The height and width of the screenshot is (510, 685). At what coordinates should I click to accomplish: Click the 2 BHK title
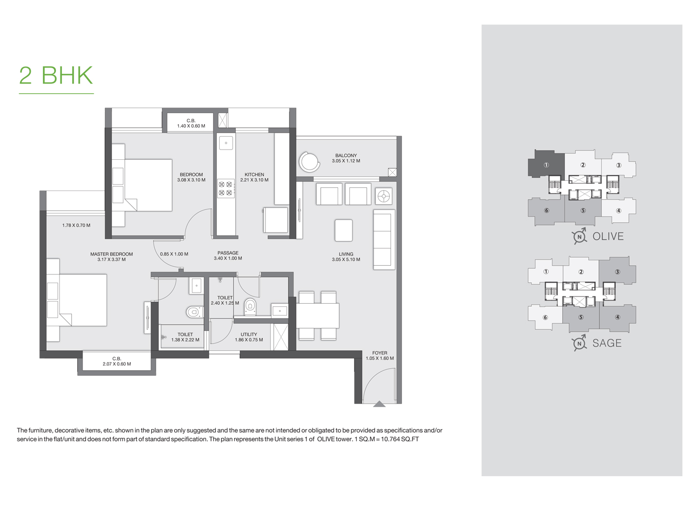56,75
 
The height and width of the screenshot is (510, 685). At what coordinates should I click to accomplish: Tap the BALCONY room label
346,155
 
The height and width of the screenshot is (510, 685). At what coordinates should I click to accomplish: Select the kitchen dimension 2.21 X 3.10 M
254,180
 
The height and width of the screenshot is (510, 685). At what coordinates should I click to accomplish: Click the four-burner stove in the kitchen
225,188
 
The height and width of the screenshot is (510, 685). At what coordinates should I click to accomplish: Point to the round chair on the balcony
308,161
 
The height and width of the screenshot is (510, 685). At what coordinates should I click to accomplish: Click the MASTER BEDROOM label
112,254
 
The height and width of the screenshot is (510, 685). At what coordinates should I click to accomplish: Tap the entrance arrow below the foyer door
379,404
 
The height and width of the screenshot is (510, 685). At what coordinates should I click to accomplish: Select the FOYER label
380,353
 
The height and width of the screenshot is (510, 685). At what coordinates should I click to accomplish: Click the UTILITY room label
248,334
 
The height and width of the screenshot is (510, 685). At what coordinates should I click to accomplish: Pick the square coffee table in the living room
343,230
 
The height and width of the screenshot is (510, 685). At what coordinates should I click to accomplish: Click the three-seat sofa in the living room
384,240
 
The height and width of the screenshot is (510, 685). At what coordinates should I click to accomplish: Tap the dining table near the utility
318,315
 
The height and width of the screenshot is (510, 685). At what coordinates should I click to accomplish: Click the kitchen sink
226,143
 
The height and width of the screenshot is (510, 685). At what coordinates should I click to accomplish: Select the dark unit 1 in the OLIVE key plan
546,164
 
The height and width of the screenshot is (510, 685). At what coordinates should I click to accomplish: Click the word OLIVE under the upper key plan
608,236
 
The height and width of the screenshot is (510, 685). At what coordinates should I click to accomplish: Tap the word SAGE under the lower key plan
607,343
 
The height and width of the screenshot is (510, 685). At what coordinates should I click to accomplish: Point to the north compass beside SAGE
579,343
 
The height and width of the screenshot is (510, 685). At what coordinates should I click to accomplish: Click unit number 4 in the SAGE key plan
617,317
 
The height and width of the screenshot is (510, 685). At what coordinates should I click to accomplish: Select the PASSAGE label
228,252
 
